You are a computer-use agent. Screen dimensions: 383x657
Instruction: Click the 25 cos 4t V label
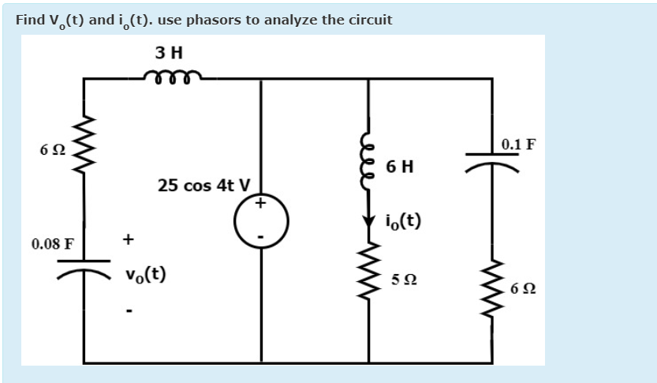[x=203, y=186]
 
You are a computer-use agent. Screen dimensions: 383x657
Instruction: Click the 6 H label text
[x=401, y=167]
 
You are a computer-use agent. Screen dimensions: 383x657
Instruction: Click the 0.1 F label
[x=518, y=145]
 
